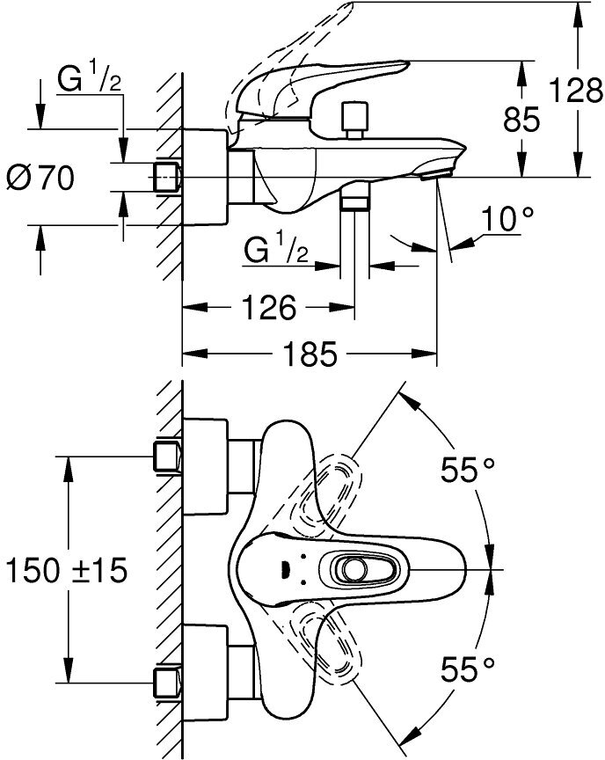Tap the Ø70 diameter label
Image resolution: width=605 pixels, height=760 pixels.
[40, 178]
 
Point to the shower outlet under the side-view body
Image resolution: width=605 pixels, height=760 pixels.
[354, 200]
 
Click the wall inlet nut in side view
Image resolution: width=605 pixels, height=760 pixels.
[166, 176]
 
